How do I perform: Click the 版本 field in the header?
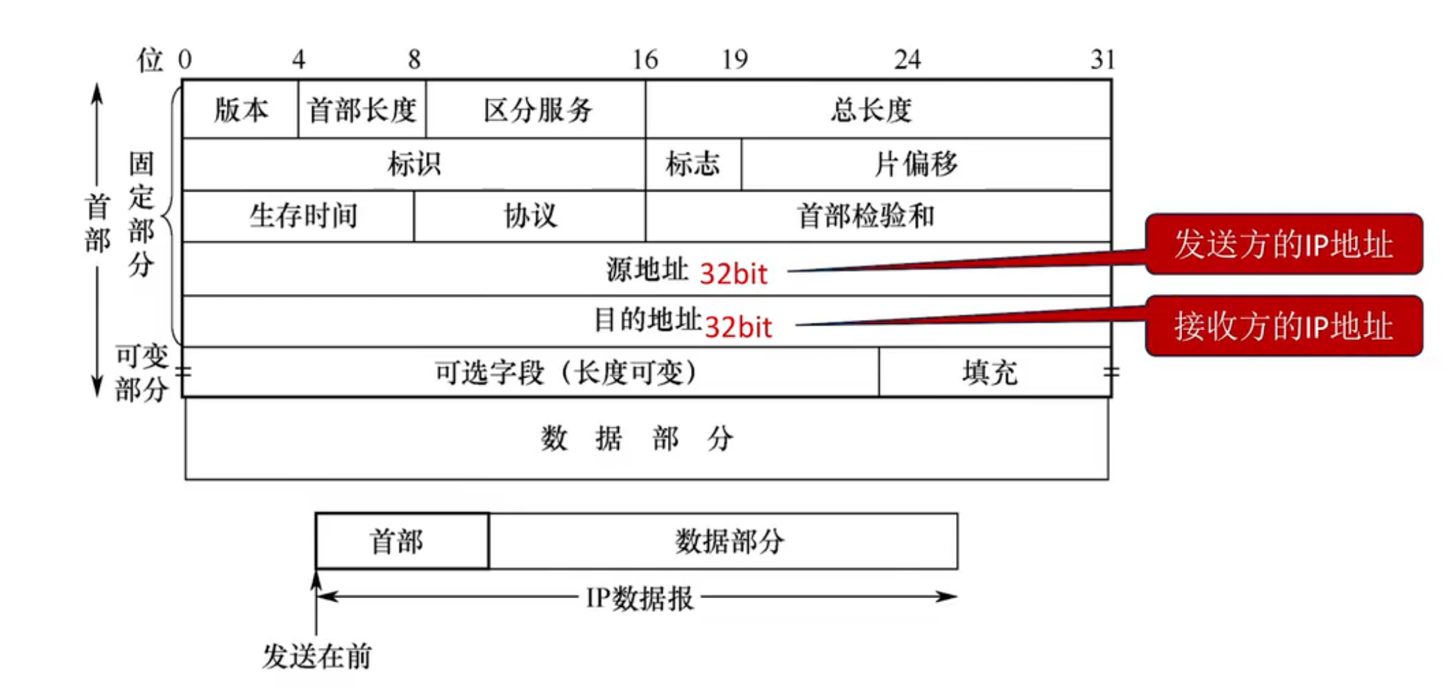pyautogui.click(x=241, y=110)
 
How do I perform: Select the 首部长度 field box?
pyautogui.click(x=361, y=110)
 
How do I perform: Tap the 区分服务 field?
pyautogui.click(x=536, y=110)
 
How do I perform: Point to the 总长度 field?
pyautogui.click(x=871, y=110)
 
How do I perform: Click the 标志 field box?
pyautogui.click(x=692, y=164)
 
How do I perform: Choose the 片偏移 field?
pyautogui.click(x=916, y=164)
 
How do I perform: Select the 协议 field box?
pyautogui.click(x=529, y=216)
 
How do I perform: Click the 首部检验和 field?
pyautogui.click(x=865, y=216)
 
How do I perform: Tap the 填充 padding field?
pyautogui.click(x=990, y=373)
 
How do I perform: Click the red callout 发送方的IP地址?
pyautogui.click(x=1283, y=244)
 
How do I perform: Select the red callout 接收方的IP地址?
pyautogui.click(x=1283, y=326)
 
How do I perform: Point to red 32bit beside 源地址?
pyautogui.click(x=733, y=274)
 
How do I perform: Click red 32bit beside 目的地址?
pyautogui.click(x=738, y=327)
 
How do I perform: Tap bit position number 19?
pyautogui.click(x=735, y=60)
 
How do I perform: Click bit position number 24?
pyautogui.click(x=907, y=60)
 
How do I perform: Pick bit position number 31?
pyautogui.click(x=1102, y=60)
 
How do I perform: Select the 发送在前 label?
pyautogui.click(x=316, y=656)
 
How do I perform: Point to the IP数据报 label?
pyautogui.click(x=639, y=597)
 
